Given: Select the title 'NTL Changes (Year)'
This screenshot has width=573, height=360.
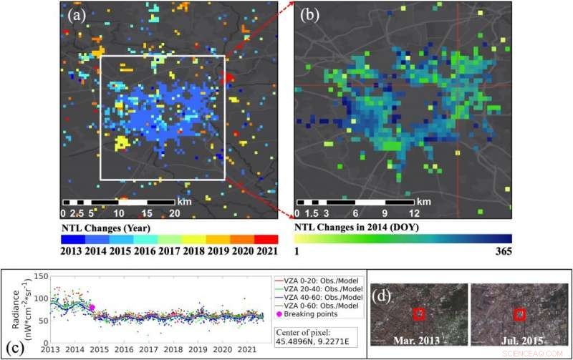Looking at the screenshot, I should coord(105,228).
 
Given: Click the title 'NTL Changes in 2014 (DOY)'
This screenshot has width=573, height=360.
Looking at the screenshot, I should coord(356,228).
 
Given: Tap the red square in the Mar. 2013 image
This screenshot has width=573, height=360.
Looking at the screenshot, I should coord(419,313).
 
